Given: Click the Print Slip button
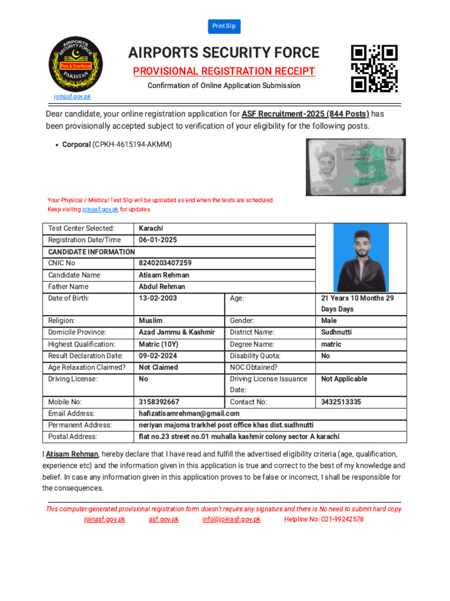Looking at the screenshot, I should [224, 26].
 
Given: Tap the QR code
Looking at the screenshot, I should [374, 69].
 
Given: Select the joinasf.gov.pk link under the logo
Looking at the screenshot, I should [72, 96].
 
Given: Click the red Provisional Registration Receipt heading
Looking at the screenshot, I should [224, 72].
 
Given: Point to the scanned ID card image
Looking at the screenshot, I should [355, 167].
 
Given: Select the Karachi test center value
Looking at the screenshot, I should [151, 228].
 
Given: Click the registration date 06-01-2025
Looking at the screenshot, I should [158, 240].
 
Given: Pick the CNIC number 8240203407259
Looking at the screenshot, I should [165, 263].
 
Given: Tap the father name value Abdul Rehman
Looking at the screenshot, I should [162, 286].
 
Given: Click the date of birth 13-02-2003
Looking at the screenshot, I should [158, 298].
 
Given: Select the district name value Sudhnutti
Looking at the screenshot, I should [336, 332].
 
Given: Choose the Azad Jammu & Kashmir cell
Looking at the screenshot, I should [177, 332].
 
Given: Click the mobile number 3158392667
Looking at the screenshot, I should [159, 402].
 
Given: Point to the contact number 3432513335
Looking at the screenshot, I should [342, 402].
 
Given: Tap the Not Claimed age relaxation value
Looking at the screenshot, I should [158, 367].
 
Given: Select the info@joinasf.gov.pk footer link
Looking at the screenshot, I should [231, 519].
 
